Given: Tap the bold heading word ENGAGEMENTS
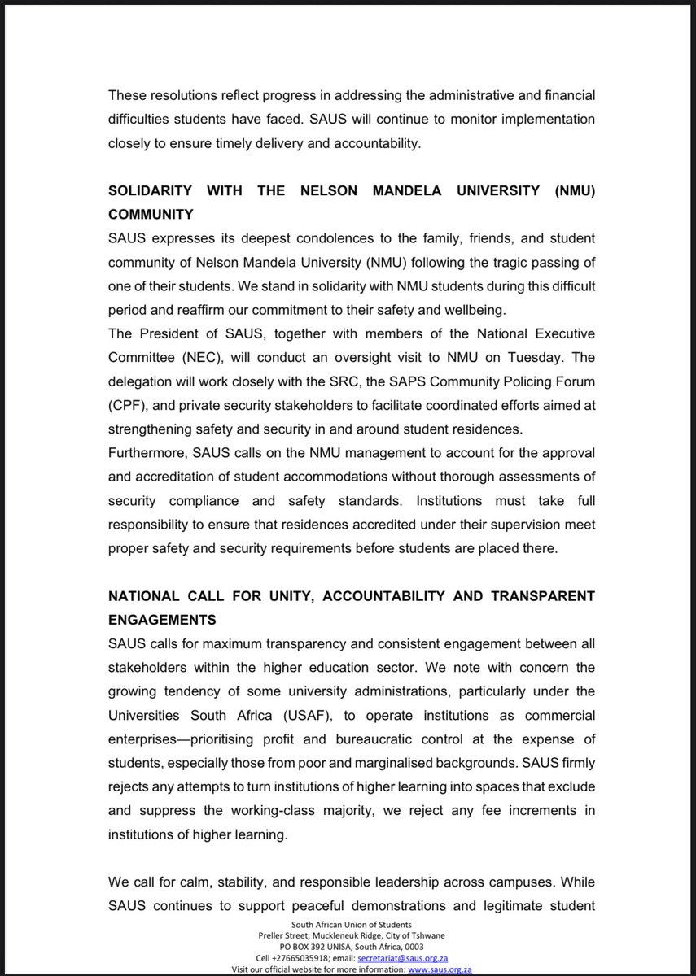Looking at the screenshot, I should click(162, 620).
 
